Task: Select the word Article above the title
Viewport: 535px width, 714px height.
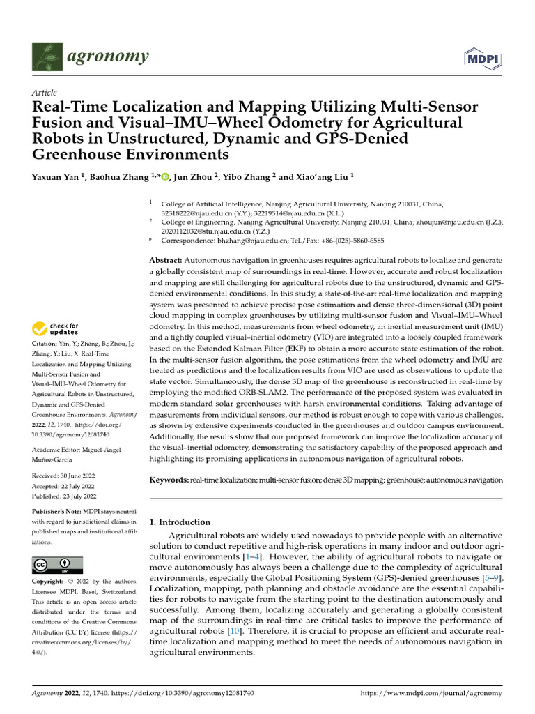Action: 45,93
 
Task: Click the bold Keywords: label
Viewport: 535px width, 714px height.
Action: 169,480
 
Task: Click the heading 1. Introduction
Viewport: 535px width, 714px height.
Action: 180,522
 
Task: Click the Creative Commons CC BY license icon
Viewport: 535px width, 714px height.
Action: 57,565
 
